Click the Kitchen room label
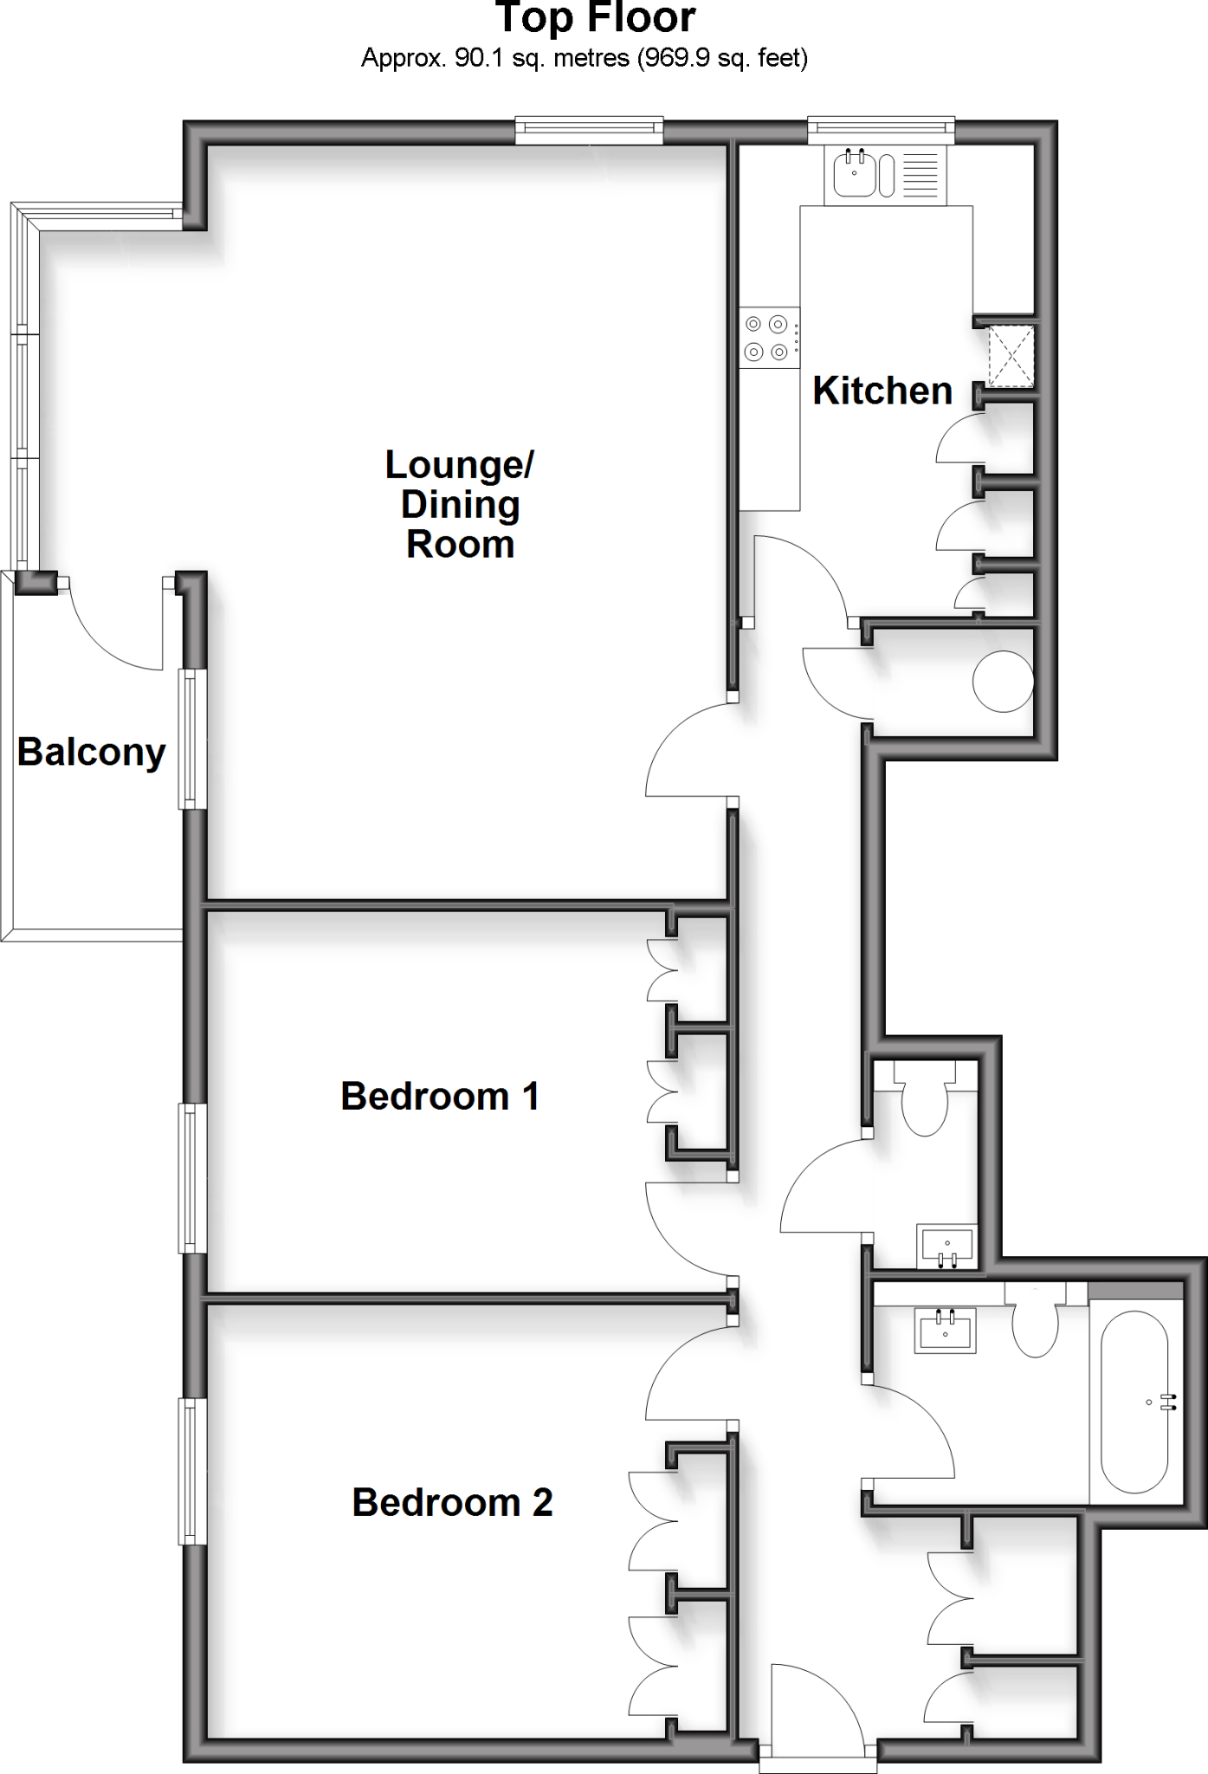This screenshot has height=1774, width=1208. (x=882, y=392)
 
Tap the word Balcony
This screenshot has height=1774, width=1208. (x=91, y=752)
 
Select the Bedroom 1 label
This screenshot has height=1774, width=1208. (x=439, y=1097)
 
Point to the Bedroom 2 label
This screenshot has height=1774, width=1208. (x=451, y=1503)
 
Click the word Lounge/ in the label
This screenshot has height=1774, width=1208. (x=459, y=465)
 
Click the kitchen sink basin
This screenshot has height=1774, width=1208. (x=856, y=174)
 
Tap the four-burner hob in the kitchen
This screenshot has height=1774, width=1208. (x=767, y=338)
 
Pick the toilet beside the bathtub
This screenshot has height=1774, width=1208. (x=1036, y=1325)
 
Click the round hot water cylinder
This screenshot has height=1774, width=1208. (x=1002, y=681)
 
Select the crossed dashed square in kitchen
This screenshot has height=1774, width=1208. (x=1011, y=355)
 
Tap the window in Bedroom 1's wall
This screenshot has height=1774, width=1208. (x=192, y=1178)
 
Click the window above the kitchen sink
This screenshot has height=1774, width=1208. (x=881, y=131)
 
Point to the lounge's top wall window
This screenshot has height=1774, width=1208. (x=589, y=131)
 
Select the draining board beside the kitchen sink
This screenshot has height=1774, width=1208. (x=921, y=174)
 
